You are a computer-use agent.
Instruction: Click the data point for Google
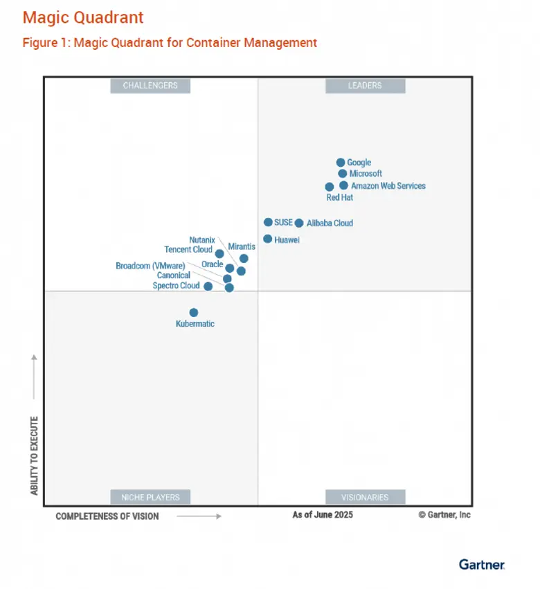point(341,163)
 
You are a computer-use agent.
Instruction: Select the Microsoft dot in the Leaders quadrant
point(343,174)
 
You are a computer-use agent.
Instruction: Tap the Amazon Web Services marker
point(344,185)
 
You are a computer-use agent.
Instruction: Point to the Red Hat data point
point(330,187)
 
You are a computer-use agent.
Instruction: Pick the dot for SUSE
point(268,222)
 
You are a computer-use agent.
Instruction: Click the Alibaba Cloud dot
point(299,223)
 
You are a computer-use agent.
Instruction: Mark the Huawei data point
point(268,239)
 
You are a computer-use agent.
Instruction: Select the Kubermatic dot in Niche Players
point(194,313)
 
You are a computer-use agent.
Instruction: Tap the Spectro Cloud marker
point(208,287)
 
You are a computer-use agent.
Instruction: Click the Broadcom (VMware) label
point(150,266)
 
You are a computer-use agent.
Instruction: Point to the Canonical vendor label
point(173,275)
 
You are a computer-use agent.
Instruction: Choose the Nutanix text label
point(202,239)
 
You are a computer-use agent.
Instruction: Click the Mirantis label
point(242,246)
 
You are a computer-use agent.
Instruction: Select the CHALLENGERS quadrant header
point(150,86)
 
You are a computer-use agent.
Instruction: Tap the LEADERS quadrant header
point(365,86)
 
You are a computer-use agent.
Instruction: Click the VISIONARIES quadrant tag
point(365,497)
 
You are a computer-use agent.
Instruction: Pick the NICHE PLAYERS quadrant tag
point(150,497)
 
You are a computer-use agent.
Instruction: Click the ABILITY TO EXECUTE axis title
point(34,455)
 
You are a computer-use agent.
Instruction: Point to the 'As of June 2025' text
point(323,515)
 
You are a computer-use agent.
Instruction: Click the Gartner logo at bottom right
point(482,565)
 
